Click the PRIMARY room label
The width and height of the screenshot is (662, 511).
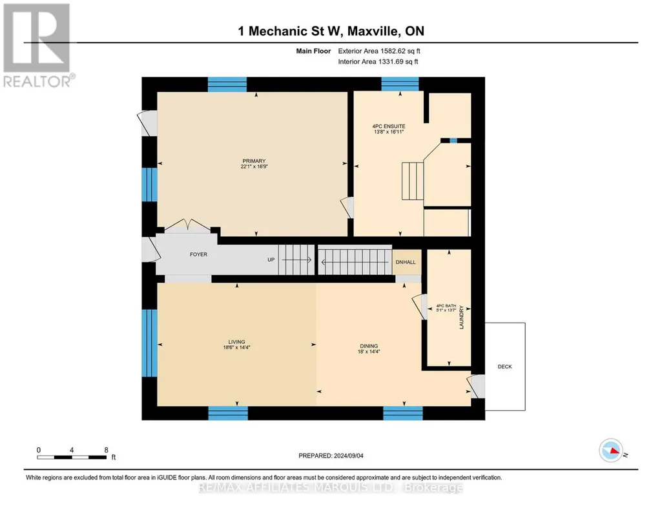(254, 161)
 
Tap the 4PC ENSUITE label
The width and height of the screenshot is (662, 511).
(388, 126)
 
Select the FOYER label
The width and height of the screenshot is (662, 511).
(198, 254)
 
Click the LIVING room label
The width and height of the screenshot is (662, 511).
(236, 342)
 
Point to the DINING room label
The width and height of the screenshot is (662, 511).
(369, 346)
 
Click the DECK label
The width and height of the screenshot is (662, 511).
(504, 366)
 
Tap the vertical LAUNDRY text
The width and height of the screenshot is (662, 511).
(461, 317)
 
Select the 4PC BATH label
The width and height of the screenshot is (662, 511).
(446, 306)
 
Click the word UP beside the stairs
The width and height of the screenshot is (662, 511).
(271, 260)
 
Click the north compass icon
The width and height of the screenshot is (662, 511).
(611, 450)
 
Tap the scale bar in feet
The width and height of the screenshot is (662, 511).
(72, 457)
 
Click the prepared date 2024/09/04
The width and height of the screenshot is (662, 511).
(348, 456)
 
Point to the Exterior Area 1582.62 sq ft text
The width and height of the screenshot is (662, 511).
(379, 51)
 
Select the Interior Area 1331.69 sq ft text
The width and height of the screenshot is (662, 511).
(378, 61)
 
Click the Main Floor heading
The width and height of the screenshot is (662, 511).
(313, 51)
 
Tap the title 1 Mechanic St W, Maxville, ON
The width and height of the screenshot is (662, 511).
(331, 31)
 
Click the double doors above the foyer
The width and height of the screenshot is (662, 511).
(187, 226)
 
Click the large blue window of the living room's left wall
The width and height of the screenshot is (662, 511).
(149, 343)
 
